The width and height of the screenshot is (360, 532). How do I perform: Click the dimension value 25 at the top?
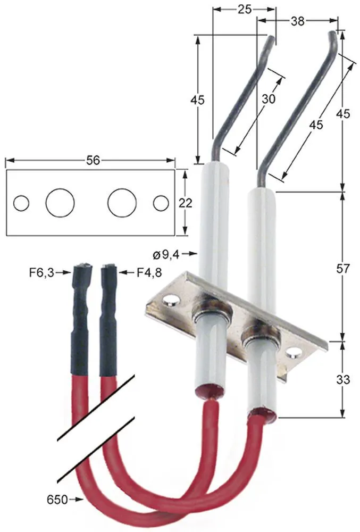pyautogui.click(x=245, y=9)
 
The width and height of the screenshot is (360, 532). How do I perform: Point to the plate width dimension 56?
pyautogui.click(x=93, y=160)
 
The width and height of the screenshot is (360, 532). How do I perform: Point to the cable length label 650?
pyautogui.click(x=56, y=500)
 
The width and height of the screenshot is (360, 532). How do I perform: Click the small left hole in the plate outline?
pyautogui.click(x=21, y=203)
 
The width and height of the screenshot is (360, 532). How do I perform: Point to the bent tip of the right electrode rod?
pyautogui.click(x=333, y=37)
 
